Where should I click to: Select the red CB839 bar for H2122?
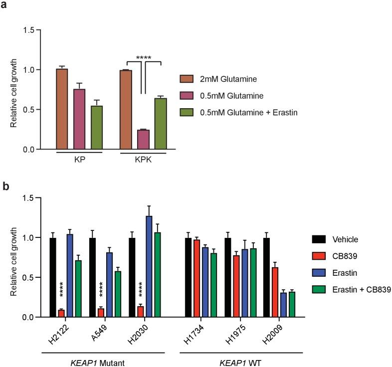(61, 314)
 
